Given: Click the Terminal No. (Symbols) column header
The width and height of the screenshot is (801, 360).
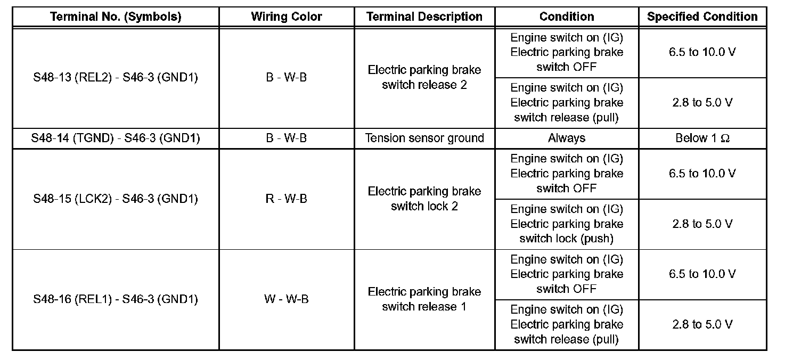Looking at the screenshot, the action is coord(116,17).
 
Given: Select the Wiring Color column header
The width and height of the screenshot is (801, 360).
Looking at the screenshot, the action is coord(287,17).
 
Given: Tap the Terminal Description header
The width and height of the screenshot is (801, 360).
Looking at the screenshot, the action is coord(424,17).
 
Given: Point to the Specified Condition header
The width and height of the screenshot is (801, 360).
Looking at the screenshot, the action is coord(702,17).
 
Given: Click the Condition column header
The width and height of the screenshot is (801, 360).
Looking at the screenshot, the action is coord(567,17).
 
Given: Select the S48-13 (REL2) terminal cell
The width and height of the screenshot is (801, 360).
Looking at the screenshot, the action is coord(116,78).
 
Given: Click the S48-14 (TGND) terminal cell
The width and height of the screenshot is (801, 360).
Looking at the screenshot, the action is coord(116,138).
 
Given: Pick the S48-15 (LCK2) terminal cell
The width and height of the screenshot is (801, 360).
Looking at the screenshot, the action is coord(116,199).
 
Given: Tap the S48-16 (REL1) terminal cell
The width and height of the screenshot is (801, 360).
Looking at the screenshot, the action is coord(116,299).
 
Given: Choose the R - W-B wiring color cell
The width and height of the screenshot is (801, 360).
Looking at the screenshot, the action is coord(287,199).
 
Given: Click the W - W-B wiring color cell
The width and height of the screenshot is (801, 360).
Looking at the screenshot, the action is coord(287,299).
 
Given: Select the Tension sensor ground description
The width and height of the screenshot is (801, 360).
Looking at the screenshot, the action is coord(424,138).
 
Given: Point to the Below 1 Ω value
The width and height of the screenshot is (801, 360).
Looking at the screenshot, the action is coord(702,138).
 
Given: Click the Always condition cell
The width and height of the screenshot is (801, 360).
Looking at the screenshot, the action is coord(567,138).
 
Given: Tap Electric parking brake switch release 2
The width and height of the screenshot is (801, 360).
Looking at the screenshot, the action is coord(424,78).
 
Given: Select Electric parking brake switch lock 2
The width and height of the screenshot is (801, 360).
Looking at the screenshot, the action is coord(424,199).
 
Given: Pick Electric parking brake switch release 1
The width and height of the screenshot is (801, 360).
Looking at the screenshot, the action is coord(424,299).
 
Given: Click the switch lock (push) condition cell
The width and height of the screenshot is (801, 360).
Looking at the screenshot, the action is coord(567,224).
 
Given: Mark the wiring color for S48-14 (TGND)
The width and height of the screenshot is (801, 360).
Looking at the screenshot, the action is coord(287,138).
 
